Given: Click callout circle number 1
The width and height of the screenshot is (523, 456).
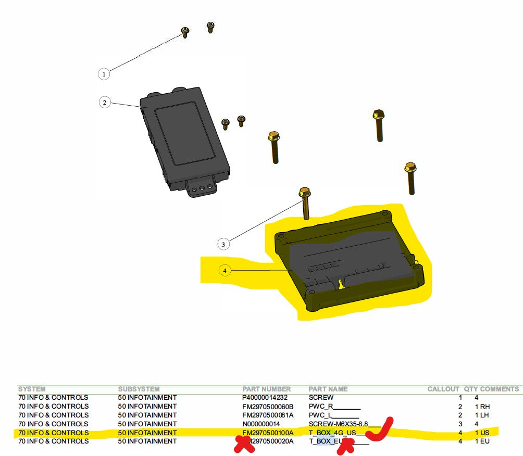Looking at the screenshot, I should (104, 74).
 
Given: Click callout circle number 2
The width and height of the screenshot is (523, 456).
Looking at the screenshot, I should (104, 103).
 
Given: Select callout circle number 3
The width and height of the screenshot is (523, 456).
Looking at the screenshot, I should (223, 244).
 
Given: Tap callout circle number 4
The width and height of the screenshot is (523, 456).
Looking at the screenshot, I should (225, 271).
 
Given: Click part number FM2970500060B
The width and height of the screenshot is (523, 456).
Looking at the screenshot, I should (268, 407).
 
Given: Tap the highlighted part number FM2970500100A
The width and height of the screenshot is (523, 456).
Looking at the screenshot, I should (268, 433).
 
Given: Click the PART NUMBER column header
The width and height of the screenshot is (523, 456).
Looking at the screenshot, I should (266, 389).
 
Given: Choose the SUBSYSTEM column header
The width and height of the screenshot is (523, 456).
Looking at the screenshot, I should (139, 389).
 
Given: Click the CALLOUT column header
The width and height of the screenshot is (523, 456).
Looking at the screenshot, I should (443, 389).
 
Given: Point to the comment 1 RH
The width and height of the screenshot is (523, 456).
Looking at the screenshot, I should (482, 407).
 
